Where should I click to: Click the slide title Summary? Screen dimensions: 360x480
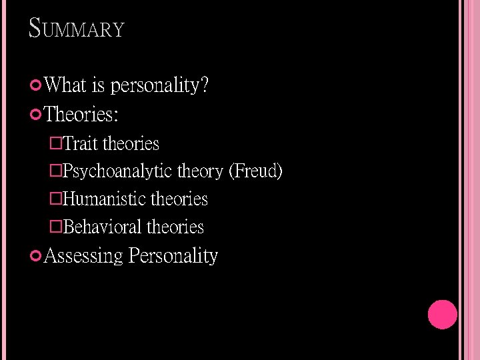point(77,29)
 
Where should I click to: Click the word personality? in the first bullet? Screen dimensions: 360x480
point(160,85)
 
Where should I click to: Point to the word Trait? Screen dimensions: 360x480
point(81,143)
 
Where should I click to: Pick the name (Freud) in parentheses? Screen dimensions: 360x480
point(255,171)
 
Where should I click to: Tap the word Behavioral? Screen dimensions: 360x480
point(103,227)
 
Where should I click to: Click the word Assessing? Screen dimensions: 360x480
point(83,256)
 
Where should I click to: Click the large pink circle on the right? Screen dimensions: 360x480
point(442,315)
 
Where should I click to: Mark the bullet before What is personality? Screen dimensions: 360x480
point(37,85)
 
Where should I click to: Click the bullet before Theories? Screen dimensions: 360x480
point(37,115)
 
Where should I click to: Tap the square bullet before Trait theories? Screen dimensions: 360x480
point(56,143)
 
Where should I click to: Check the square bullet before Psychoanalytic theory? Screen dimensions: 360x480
point(56,171)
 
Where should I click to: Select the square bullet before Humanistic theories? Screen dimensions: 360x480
point(56,199)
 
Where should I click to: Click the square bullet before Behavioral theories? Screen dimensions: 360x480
point(56,227)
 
